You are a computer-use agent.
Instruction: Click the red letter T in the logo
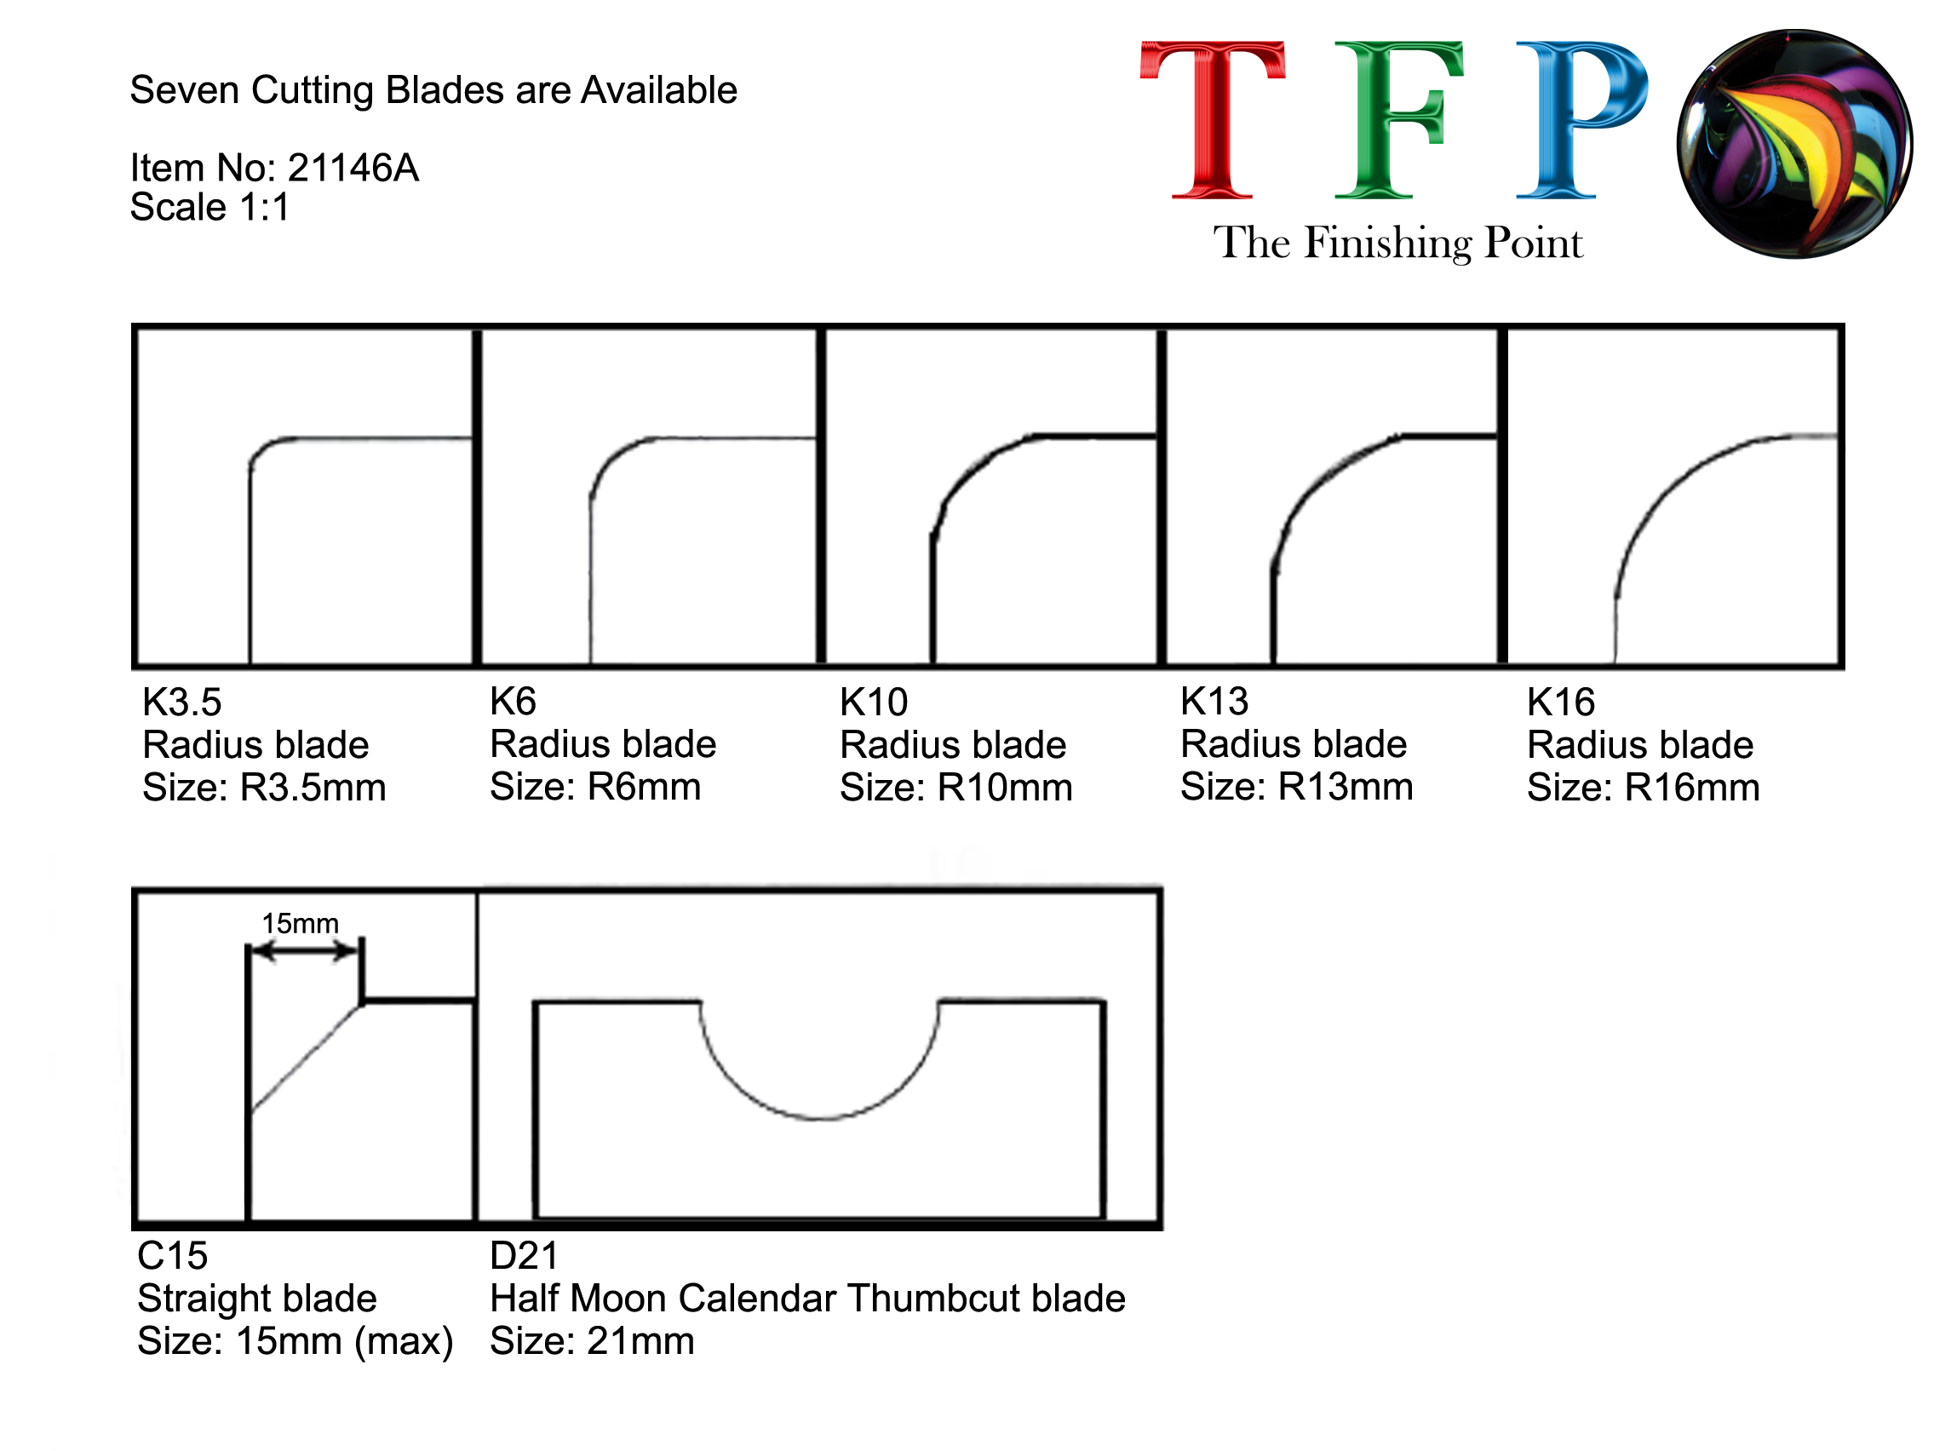point(1211,119)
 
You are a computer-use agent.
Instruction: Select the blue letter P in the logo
point(1581,119)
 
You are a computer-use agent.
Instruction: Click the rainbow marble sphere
point(1793,144)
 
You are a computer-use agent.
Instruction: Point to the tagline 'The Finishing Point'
point(1397,243)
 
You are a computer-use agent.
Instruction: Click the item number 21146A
point(353,168)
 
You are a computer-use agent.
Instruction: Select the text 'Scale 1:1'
point(209,207)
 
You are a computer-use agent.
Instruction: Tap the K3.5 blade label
point(182,702)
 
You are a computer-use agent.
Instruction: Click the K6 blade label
point(513,701)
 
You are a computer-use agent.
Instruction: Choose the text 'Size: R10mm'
point(955,787)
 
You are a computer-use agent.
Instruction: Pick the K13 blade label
point(1214,701)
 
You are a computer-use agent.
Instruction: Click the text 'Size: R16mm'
point(1643,787)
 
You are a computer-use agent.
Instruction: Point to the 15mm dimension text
point(301,923)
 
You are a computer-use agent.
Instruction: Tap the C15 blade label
point(172,1255)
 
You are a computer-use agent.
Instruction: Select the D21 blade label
point(524,1255)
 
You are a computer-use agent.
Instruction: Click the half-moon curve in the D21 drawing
point(818,1118)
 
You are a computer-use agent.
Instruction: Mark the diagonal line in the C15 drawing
point(306,1059)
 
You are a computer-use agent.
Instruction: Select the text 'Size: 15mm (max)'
point(296,1341)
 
